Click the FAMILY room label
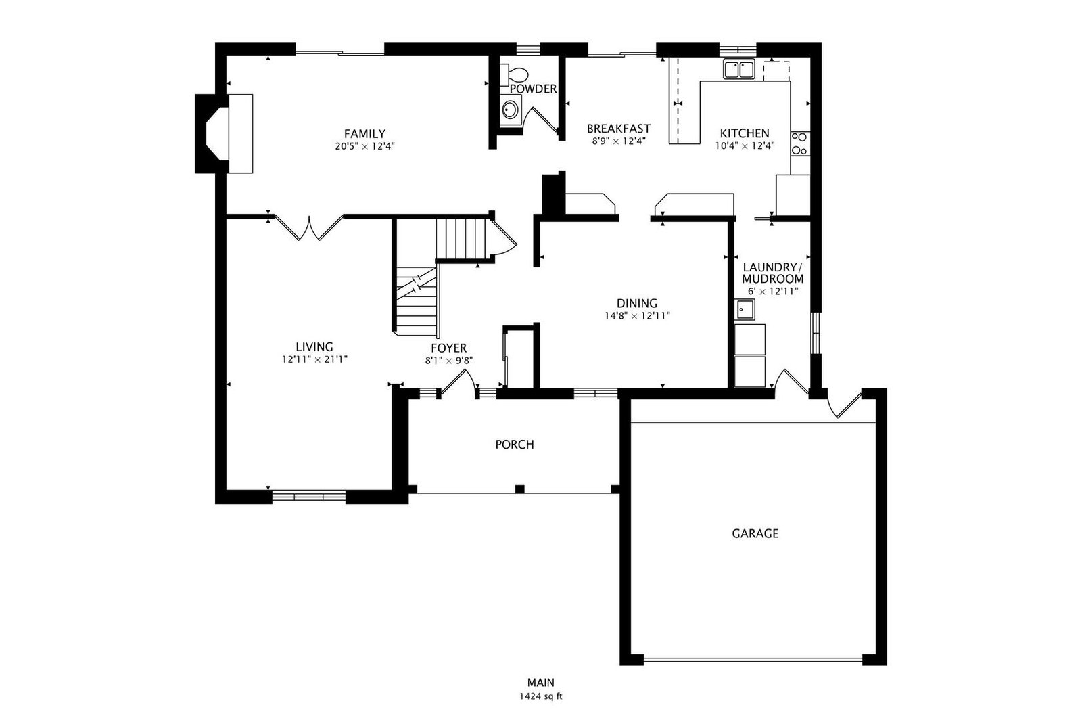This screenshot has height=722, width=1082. pyautogui.click(x=364, y=133)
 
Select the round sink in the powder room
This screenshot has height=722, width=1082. pyautogui.click(x=510, y=110)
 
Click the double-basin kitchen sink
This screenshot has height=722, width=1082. pyautogui.click(x=739, y=69)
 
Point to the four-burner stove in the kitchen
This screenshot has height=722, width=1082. pyautogui.click(x=800, y=143)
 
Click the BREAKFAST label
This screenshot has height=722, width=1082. pyautogui.click(x=619, y=129)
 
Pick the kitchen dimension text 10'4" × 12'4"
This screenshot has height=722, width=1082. pyautogui.click(x=745, y=145)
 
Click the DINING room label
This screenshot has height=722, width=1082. pyautogui.click(x=637, y=303)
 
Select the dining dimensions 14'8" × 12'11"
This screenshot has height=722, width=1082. pyautogui.click(x=637, y=316)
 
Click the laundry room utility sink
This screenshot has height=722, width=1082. pyautogui.click(x=745, y=310)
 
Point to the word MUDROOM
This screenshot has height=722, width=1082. pyautogui.click(x=773, y=279)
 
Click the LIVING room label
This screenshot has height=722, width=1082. pyautogui.click(x=314, y=346)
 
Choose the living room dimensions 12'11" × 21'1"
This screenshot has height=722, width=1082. pyautogui.click(x=315, y=359)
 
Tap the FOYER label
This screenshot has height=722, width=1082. pyautogui.click(x=449, y=348)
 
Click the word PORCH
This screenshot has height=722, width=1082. pyautogui.click(x=515, y=444)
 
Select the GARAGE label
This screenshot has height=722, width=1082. pyautogui.click(x=755, y=533)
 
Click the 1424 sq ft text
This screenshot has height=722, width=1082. pyautogui.click(x=541, y=696)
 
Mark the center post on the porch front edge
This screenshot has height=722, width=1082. pyautogui.click(x=519, y=489)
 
